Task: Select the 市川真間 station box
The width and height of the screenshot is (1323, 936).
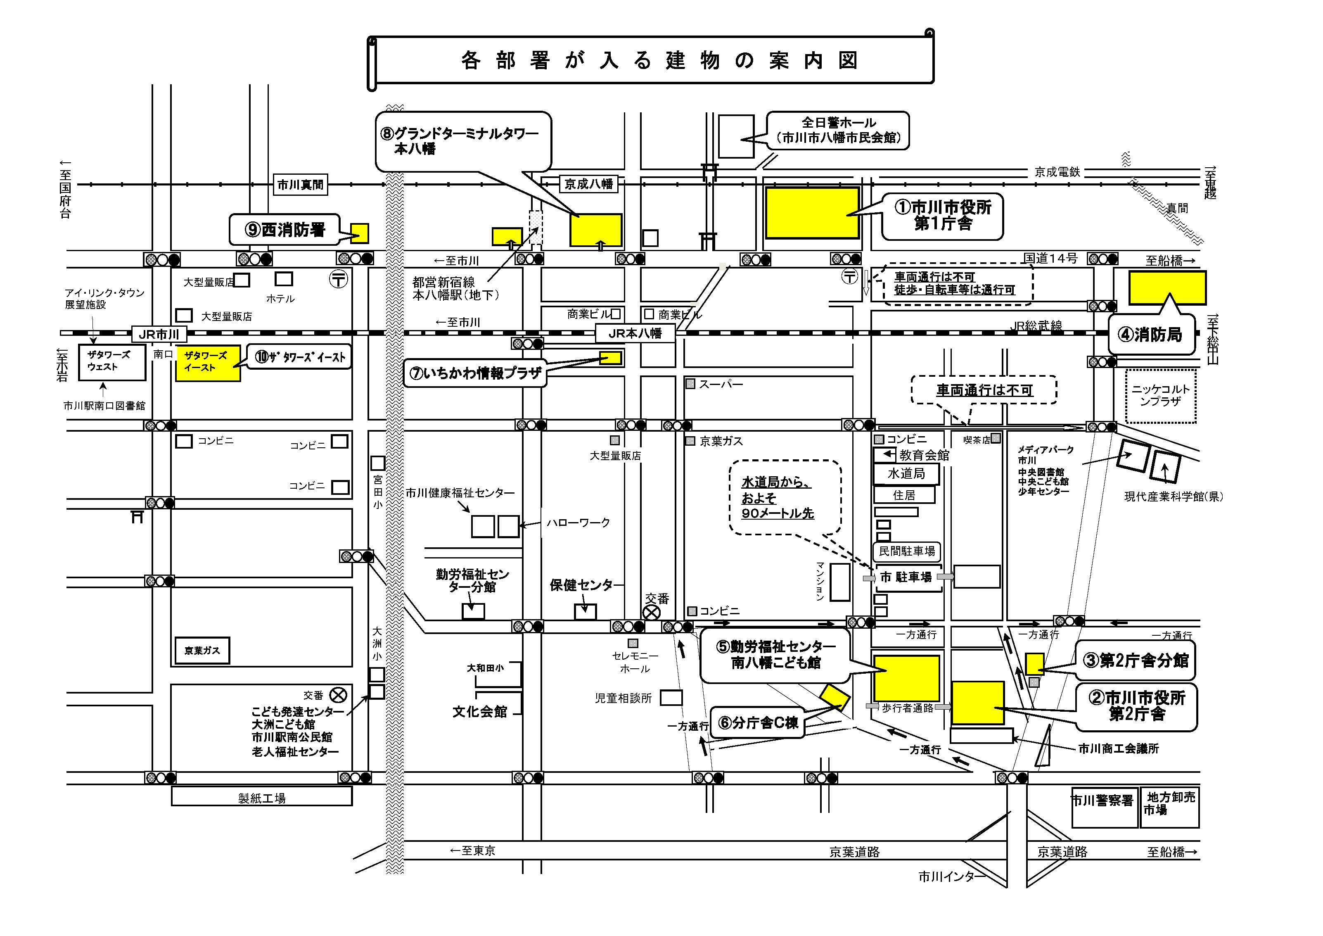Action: [x=300, y=185]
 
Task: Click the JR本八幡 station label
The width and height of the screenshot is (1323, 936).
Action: [x=635, y=333]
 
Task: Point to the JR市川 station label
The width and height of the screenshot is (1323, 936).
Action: [x=159, y=334]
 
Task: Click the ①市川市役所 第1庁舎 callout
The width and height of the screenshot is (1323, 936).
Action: [x=943, y=216]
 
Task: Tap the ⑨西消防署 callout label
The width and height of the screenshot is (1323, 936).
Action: [x=285, y=230]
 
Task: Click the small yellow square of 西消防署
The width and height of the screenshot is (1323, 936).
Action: [x=360, y=233]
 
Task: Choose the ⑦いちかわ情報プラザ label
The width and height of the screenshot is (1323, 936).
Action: [x=475, y=373]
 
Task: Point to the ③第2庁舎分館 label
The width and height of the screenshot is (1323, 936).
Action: [x=1135, y=660]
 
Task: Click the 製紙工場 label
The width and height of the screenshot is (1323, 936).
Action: [x=262, y=798]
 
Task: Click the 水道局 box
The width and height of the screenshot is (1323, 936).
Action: [x=906, y=474]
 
